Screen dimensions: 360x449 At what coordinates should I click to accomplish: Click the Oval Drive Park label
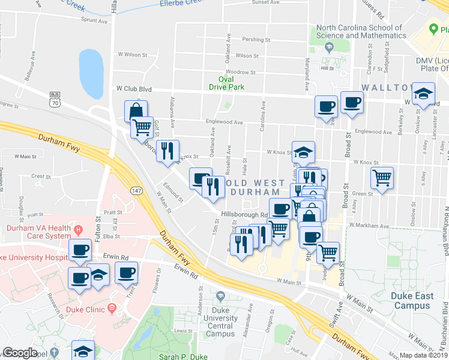(226, 83)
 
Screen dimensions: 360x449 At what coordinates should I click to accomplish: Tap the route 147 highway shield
(135, 190)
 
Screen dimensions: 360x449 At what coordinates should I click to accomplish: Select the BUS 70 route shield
(55, 98)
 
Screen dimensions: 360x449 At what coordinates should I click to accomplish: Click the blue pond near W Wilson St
(91, 73)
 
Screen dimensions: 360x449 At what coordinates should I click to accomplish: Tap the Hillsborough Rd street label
(244, 214)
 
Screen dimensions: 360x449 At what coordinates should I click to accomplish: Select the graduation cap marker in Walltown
(423, 93)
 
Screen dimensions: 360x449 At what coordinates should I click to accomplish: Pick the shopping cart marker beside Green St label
(382, 177)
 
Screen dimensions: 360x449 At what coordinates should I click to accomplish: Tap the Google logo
(20, 353)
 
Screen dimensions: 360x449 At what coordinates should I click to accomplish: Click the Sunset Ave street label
(266, 2)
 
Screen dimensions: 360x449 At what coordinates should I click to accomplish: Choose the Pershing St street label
(255, 40)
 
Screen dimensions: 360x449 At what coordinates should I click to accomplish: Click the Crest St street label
(41, 176)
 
